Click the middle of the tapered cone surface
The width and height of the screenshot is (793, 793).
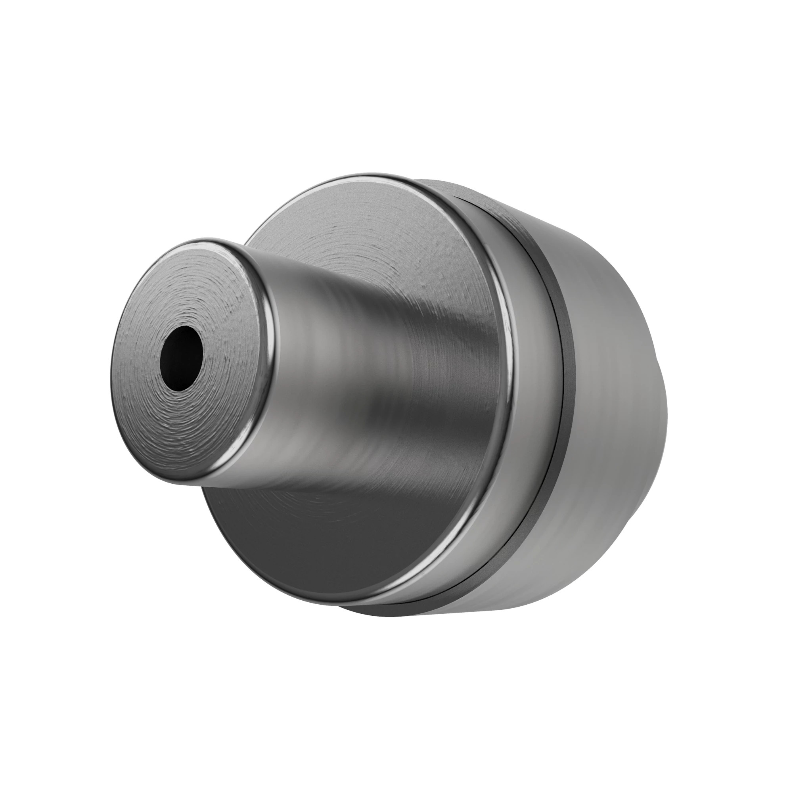point(370,370)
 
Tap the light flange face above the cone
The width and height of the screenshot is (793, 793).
point(370,230)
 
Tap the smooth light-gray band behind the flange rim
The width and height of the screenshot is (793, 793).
point(534,370)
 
